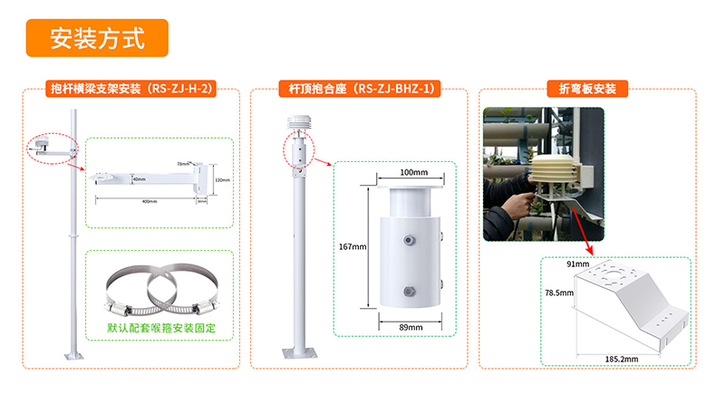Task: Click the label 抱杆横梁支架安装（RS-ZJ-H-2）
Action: coord(131,89)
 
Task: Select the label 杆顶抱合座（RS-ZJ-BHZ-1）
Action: coord(359,89)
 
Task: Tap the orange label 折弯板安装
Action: coord(586,89)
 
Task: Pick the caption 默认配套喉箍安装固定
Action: coord(161,327)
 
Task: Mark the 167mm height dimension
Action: coord(353,246)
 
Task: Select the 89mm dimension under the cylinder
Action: coord(412,327)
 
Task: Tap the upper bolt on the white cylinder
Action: coord(411,241)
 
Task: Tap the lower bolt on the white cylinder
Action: coord(411,293)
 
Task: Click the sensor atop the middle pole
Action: coord(295,124)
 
